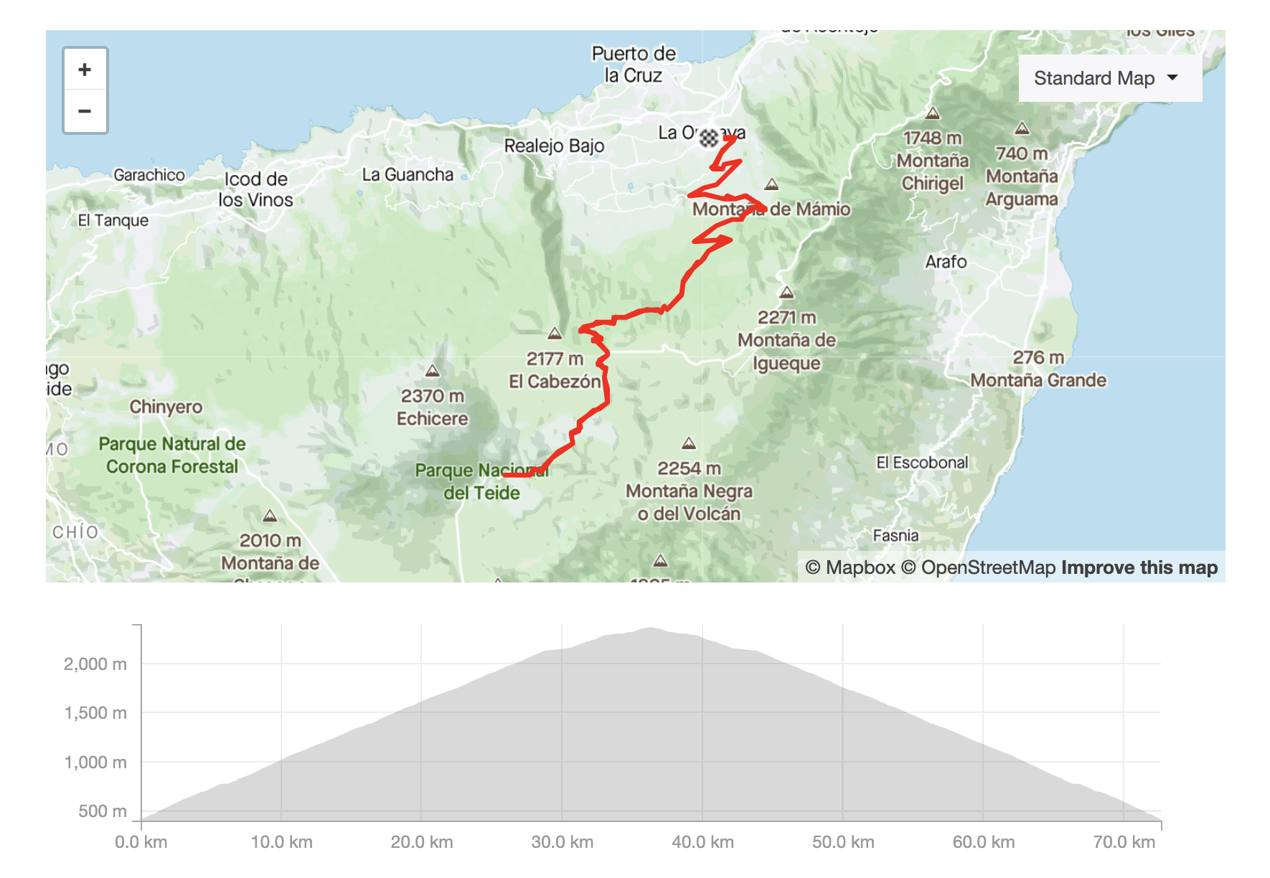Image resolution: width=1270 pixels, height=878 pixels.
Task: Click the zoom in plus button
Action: (85, 70)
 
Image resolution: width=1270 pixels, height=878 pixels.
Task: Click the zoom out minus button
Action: (85, 111)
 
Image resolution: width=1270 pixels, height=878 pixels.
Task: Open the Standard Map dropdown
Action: (1109, 78)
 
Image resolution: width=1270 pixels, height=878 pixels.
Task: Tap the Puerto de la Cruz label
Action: (633, 64)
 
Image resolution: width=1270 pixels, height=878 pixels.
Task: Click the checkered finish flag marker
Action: (709, 138)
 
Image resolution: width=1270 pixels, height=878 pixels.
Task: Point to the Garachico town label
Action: (149, 175)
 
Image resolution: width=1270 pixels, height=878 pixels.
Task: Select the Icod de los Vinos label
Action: (255, 189)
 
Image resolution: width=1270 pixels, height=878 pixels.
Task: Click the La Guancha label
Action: (408, 174)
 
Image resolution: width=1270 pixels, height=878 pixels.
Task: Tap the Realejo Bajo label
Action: (554, 146)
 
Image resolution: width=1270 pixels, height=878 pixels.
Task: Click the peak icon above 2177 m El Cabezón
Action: (555, 334)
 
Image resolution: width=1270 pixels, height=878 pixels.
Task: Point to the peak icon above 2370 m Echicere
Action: (432, 371)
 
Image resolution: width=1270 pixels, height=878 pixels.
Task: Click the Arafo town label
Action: (946, 262)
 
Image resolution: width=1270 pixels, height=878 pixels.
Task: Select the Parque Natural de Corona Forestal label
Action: (172, 455)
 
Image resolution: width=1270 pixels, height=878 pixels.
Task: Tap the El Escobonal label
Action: (922, 463)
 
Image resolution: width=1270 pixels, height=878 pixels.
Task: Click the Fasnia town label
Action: (895, 535)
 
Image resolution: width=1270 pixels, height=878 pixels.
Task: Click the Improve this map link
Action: (1139, 567)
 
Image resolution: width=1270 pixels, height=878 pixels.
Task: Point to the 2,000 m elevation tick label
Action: (95, 664)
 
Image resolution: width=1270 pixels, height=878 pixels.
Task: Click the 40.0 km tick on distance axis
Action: (702, 841)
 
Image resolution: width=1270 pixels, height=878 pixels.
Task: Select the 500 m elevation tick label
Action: (103, 811)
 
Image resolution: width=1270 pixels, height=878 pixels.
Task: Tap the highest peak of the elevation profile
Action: (650, 628)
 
